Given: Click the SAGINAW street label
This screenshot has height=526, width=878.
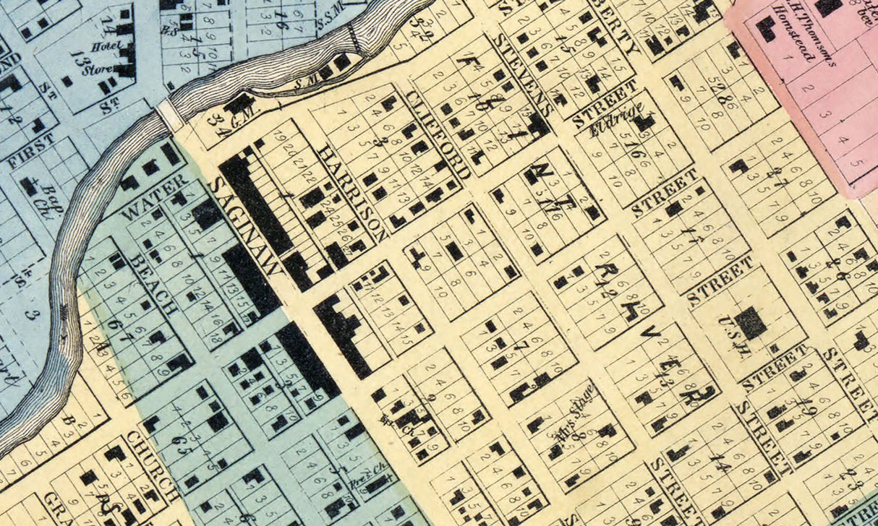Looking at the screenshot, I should tap(244, 226).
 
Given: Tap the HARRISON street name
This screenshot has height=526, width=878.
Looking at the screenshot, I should tap(351, 191).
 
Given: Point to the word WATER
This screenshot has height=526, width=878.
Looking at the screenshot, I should tap(154, 196).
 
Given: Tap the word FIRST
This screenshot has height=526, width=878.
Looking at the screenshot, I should tap(30, 150).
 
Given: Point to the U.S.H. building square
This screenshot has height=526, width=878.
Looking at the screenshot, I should tap(752, 322).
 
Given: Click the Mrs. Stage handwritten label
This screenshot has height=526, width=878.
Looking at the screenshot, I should tap(574, 413).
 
